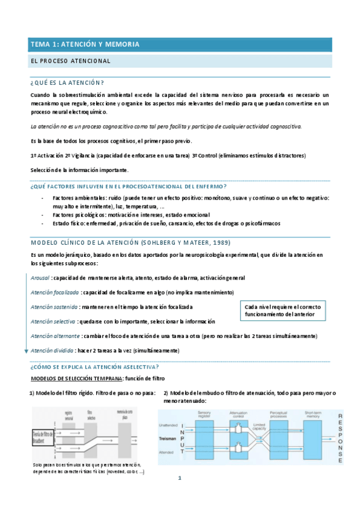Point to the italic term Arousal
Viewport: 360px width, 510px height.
click(40, 278)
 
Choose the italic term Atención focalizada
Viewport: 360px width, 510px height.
click(55, 292)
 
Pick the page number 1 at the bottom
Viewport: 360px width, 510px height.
click(178, 479)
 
